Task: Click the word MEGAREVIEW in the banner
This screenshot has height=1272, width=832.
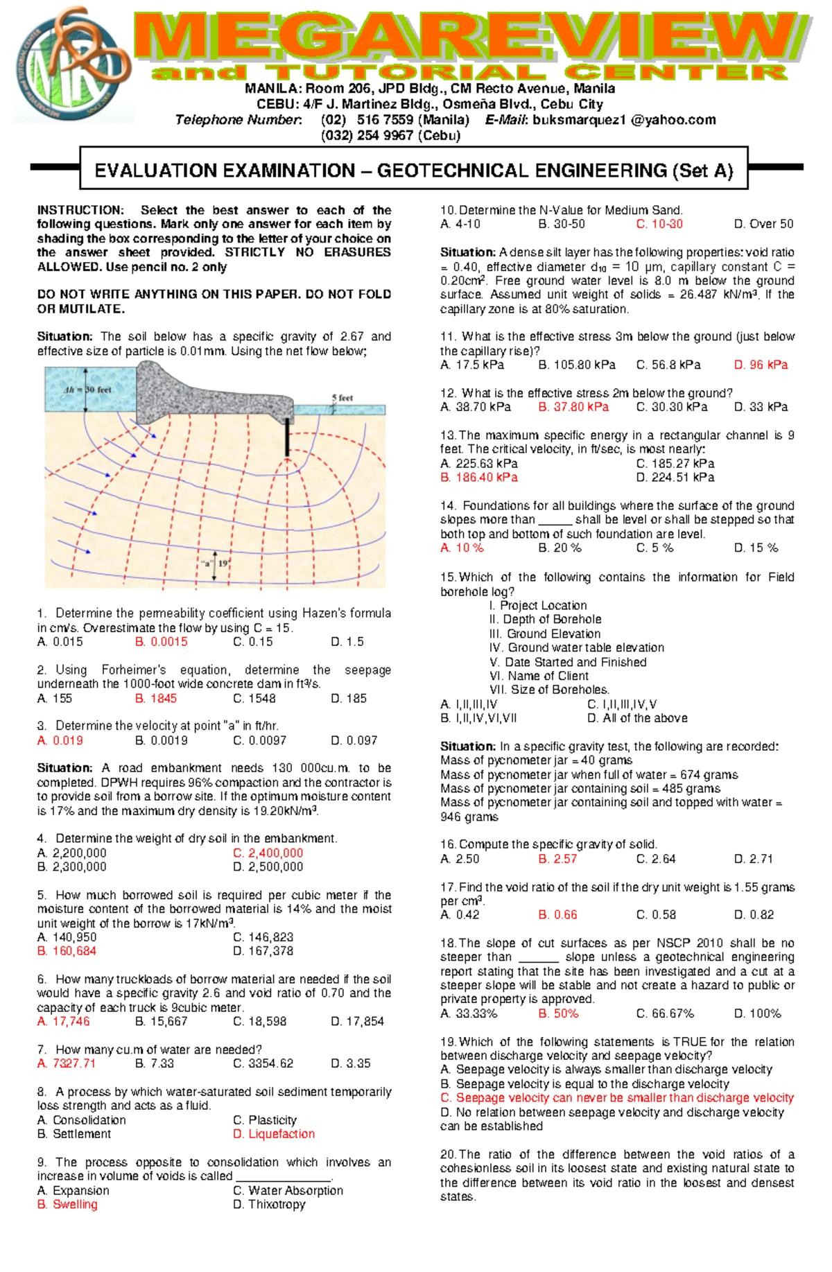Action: (471, 38)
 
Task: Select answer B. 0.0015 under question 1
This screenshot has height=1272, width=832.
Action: (161, 642)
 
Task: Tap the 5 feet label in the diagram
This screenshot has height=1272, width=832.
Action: (342, 398)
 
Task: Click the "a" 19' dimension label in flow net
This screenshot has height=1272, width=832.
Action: (216, 563)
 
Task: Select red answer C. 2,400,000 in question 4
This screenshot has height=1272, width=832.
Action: (268, 853)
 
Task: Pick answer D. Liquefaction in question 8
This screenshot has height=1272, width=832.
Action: (274, 1134)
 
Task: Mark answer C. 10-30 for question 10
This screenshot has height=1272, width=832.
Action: (659, 224)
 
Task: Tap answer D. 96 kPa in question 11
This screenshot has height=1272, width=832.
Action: (761, 365)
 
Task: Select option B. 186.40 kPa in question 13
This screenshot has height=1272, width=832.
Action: (479, 478)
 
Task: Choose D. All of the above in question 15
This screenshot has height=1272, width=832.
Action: (637, 718)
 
